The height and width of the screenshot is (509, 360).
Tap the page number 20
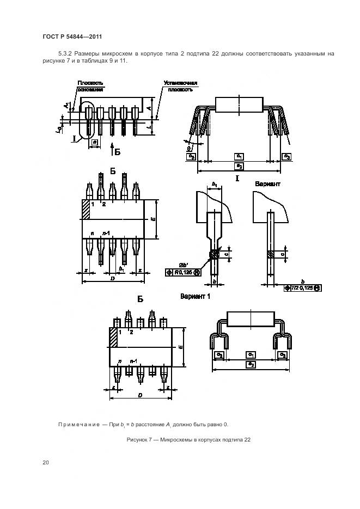[46, 462]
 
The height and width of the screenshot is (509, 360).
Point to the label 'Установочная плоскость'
[180, 86]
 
